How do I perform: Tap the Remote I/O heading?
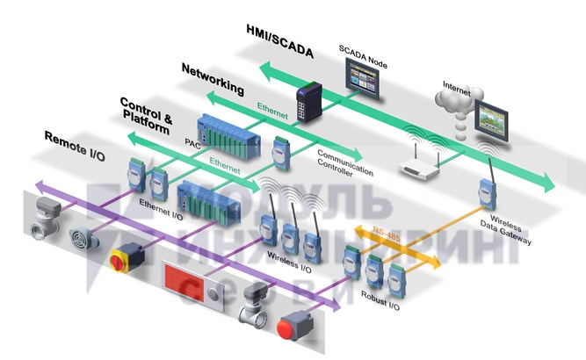click(76, 139)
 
